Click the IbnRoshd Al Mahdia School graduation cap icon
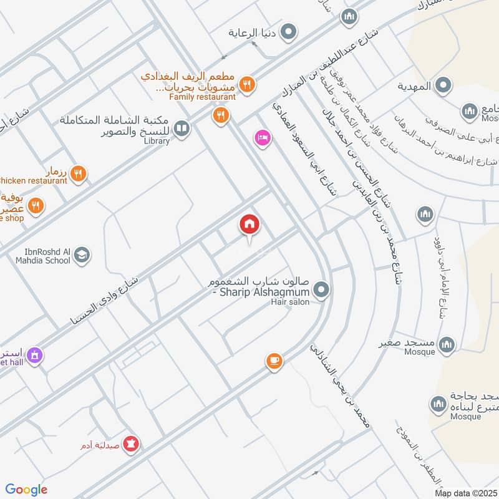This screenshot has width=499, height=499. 82,254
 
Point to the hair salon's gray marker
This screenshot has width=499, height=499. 321,289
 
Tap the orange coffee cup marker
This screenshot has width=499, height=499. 274,361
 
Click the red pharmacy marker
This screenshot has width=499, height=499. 132,444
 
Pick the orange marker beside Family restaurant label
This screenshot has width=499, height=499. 248,85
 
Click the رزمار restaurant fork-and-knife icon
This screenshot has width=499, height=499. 78,173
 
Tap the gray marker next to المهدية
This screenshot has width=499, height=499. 443,86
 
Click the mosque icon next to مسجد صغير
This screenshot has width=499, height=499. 447,344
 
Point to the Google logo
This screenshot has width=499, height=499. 26,490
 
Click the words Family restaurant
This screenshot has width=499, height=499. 202,97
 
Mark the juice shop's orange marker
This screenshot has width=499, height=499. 36,205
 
